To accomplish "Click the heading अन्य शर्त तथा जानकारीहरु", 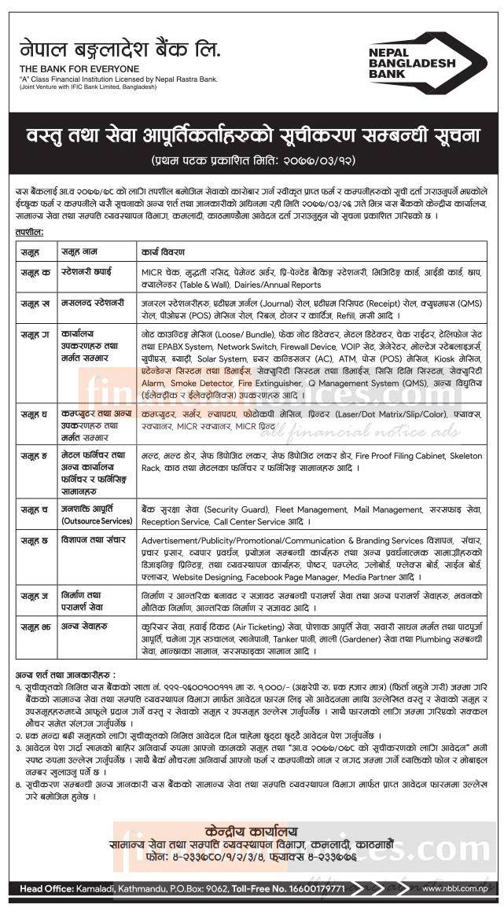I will [64, 675].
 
